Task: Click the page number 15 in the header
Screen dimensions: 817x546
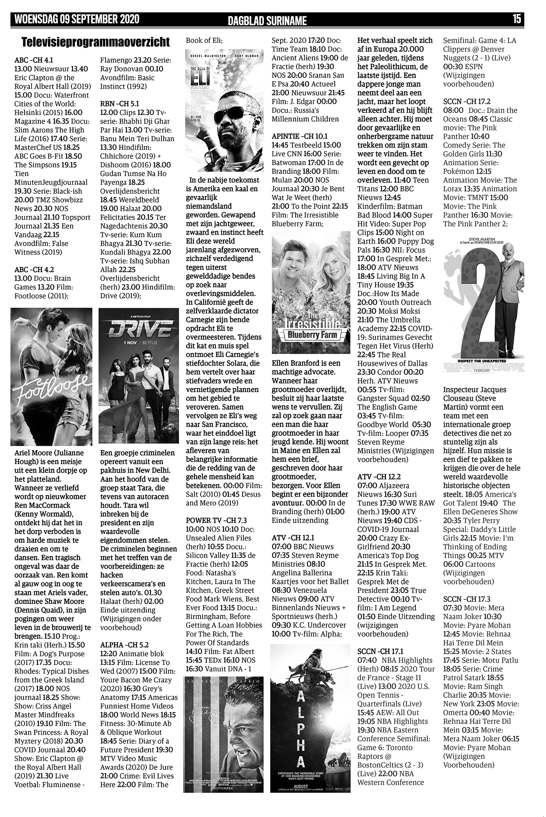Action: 517,19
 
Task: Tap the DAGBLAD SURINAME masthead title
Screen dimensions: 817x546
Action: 267,20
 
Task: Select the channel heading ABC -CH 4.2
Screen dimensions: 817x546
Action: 34,270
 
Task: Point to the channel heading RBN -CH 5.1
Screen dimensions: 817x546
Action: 119,104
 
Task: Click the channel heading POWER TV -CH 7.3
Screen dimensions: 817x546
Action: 216,520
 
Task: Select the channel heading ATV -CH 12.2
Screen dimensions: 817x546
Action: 379,477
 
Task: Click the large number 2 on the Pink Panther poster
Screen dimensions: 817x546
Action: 481,310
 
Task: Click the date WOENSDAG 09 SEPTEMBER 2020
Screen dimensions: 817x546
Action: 77,19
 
